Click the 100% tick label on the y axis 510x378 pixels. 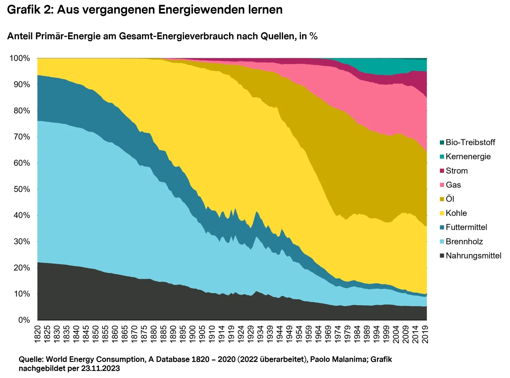tap(20, 58)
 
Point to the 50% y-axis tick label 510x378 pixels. tap(22, 189)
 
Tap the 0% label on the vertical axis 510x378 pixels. tap(24, 320)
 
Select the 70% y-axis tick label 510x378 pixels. tap(22, 137)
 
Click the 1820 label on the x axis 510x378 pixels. tap(37, 334)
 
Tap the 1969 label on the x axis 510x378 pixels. tap(328, 334)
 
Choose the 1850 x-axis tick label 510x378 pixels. tap(96, 334)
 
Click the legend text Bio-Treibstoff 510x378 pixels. tap(470, 142)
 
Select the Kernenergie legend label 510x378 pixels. tap(468, 157)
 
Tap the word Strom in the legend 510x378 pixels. tap(457, 171)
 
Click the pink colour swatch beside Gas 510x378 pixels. tap(442, 185)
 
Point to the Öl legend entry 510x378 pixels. tap(450, 199)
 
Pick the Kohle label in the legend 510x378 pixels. tap(456, 213)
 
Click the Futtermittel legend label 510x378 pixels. tap(466, 227)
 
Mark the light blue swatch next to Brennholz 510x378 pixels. tap(442, 241)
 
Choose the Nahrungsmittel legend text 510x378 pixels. tap(473, 256)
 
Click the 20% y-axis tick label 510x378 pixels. tap(22, 268)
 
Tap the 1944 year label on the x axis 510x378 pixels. tap(280, 334)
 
